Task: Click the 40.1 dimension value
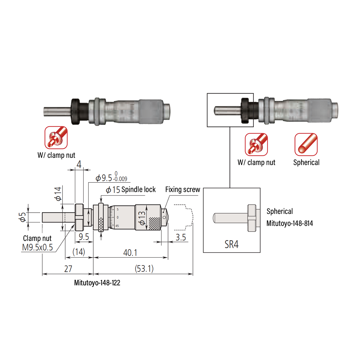coord(130,253)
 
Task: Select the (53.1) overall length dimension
coord(144,268)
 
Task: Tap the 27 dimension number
coord(68,269)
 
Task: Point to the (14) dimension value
coord(79,252)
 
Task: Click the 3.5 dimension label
coord(181,237)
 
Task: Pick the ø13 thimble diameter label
coord(142,218)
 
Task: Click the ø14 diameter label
coord(58,193)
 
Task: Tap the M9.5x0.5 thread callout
coord(37,247)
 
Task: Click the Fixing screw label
coord(182,190)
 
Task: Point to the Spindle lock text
coord(139,190)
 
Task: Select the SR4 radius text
coord(231,244)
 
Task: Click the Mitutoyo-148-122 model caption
coord(97,283)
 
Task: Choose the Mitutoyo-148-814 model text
coord(289,223)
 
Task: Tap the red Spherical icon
coord(306,144)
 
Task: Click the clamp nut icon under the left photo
coord(56,137)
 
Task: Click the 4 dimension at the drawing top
coord(79,164)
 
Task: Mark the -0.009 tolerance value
coord(121,179)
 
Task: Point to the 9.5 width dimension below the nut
coord(84,237)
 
